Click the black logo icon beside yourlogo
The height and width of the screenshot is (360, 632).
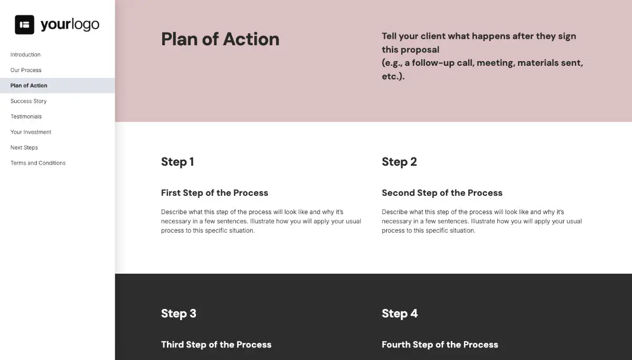pos(24,25)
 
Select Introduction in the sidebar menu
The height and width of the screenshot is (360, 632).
pos(25,55)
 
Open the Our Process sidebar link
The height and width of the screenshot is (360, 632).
pos(26,70)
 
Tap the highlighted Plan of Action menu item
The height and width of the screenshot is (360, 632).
pos(29,86)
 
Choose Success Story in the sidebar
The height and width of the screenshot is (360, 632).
pos(28,101)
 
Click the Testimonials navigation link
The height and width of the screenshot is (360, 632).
pos(26,117)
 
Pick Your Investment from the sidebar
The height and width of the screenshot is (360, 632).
pos(31,132)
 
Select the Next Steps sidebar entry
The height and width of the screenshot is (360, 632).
pos(24,148)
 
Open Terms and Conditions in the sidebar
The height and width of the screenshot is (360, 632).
pos(38,163)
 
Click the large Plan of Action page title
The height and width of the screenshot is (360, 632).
pos(220,39)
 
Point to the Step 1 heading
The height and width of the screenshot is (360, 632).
pos(177,162)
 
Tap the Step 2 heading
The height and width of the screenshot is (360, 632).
pos(399,162)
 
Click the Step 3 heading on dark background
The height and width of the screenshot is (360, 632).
pos(179,314)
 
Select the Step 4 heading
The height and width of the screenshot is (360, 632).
pos(400,314)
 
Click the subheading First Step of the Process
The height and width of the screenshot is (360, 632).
pos(214,193)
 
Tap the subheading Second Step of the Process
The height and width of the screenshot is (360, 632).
pos(442,193)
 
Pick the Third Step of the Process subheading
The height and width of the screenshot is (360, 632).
pos(216,345)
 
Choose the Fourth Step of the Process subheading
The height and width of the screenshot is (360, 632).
pos(440,345)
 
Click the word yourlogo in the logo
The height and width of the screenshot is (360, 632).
pos(70,25)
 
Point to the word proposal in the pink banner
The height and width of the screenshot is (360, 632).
pos(419,50)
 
